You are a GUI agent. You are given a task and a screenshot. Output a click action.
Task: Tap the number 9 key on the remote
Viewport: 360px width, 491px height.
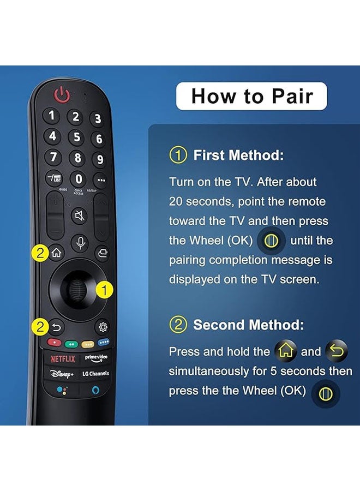click(99, 160)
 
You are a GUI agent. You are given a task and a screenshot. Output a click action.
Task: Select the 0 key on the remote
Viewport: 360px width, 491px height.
click(79, 179)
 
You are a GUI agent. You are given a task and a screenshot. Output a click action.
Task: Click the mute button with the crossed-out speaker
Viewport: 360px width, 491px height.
click(79, 216)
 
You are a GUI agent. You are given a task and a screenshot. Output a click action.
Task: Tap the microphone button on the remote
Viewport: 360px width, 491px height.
click(80, 243)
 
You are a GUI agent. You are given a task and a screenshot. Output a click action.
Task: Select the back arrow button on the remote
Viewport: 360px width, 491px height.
click(56, 328)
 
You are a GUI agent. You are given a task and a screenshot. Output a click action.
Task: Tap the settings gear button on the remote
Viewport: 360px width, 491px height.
click(102, 328)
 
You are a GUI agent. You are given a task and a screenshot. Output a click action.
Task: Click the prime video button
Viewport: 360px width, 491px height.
click(95, 358)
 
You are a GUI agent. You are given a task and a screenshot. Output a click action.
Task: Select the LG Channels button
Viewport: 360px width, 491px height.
click(95, 374)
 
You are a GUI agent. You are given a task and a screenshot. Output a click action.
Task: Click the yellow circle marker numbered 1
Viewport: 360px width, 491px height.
click(104, 290)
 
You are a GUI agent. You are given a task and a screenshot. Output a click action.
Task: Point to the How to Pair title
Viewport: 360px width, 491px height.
click(251, 97)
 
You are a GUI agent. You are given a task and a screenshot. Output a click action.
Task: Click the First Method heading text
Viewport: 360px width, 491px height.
click(238, 155)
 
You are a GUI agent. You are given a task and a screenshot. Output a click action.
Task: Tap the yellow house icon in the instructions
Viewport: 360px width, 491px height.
click(285, 351)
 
